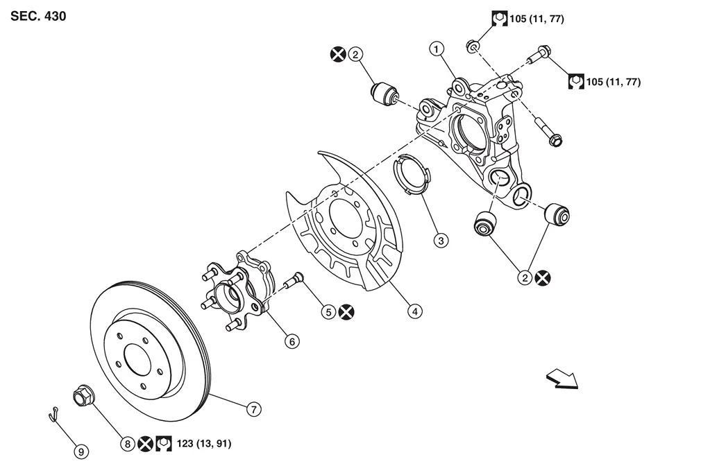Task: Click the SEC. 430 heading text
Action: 38,16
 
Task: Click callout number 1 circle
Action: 437,49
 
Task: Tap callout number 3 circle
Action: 441,241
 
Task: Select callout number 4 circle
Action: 415,311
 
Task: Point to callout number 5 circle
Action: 328,312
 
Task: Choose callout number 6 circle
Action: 292,342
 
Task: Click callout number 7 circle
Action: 254,409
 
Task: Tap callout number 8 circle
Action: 128,444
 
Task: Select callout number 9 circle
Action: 81,452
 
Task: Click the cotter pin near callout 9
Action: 53,414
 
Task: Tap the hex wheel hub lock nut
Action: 83,395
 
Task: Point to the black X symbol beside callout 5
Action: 346,312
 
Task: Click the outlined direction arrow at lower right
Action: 562,379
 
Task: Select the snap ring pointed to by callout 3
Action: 412,175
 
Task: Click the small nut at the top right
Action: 473,46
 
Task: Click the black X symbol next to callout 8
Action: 145,444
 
